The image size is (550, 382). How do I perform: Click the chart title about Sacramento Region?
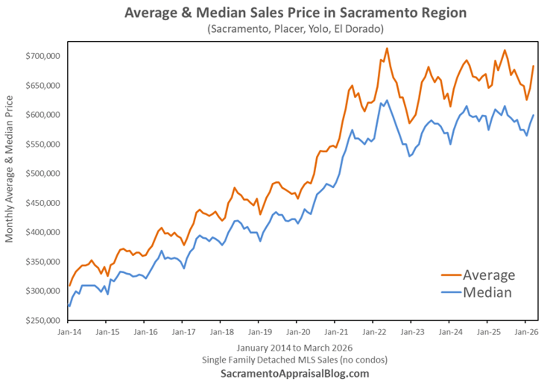(295, 13)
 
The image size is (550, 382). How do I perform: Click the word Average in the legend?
(489, 275)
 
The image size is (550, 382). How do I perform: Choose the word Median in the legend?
(487, 292)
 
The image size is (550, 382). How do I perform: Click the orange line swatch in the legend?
(451, 275)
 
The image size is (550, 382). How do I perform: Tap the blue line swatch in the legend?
(451, 292)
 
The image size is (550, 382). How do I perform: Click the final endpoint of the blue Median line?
(533, 115)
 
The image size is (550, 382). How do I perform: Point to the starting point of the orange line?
(70, 285)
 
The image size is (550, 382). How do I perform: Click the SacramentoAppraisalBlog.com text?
(295, 373)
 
